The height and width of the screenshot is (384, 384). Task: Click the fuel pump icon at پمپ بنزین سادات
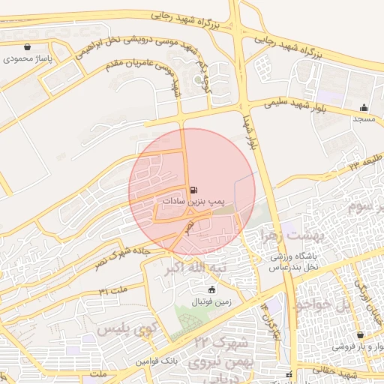point(195,190)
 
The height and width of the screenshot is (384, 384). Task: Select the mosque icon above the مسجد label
point(364,107)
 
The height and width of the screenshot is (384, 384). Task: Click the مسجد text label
point(364,118)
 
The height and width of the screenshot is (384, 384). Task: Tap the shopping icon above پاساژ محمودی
point(28,46)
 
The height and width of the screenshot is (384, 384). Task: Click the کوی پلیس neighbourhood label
point(124,328)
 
